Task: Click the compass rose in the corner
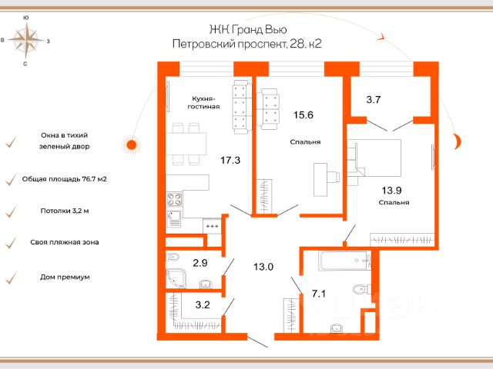pyautogui.click(x=26, y=40)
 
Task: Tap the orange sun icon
pyautogui.click(x=132, y=145)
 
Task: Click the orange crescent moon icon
pyautogui.click(x=457, y=141)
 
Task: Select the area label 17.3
pyautogui.click(x=230, y=161)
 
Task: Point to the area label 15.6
pyautogui.click(x=304, y=115)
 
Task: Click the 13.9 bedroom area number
pyautogui.click(x=392, y=190)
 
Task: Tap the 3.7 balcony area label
pyautogui.click(x=374, y=100)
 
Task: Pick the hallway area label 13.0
pyautogui.click(x=263, y=267)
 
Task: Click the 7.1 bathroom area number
pyautogui.click(x=318, y=294)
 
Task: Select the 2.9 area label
pyautogui.click(x=200, y=263)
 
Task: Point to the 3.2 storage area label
pyautogui.click(x=203, y=304)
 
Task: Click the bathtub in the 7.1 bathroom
pyautogui.click(x=345, y=261)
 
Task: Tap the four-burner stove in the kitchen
pyautogui.click(x=175, y=199)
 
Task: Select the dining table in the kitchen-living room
pyautogui.click(x=186, y=144)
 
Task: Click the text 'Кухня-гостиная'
pyautogui.click(x=203, y=102)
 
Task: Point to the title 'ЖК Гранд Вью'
pyautogui.click(x=248, y=29)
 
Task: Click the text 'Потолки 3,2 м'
pyautogui.click(x=65, y=211)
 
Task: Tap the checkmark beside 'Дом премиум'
pyautogui.click(x=12, y=278)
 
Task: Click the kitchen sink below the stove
pyautogui.click(x=174, y=218)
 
